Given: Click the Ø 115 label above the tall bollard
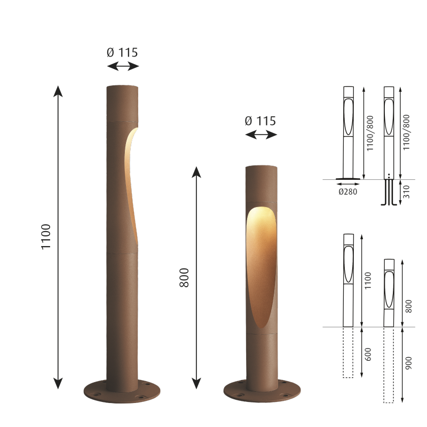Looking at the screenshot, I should (122, 52).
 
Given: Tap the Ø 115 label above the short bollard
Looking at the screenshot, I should (260, 121).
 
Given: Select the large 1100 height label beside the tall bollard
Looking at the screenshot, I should (46, 238).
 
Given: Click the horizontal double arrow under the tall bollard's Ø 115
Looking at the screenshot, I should (123, 66).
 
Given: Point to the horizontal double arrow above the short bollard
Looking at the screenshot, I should (261, 135).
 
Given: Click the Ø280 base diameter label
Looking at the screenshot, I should (348, 192).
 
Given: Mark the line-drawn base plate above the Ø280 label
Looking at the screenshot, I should (348, 179).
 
